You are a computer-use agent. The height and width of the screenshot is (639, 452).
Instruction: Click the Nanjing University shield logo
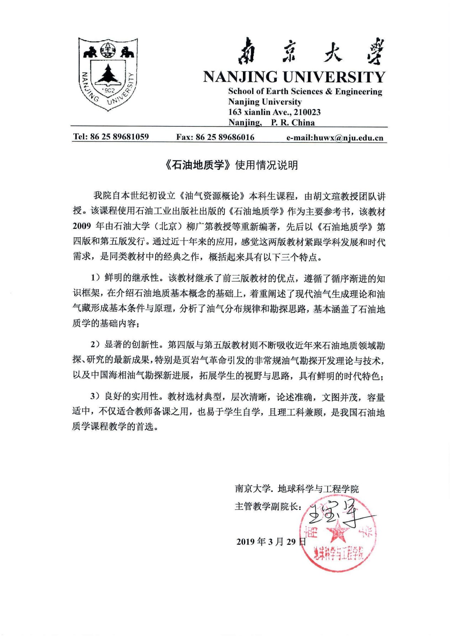pos(108,74)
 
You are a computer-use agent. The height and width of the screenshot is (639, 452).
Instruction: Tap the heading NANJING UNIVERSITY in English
pos(294,77)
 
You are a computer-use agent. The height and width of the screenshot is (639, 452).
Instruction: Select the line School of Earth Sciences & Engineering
pos(305,92)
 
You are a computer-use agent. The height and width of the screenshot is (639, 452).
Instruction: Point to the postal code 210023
pos(307,112)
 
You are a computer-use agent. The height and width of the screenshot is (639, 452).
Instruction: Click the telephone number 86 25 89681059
pos(119,137)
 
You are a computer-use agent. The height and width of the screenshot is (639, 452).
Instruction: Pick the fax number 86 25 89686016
pos(225,137)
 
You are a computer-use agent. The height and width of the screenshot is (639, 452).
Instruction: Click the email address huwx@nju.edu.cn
pos(348,138)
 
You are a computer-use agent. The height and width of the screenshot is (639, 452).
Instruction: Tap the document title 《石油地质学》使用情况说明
pos(231,165)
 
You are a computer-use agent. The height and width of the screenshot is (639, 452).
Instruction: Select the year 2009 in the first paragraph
pos(82,227)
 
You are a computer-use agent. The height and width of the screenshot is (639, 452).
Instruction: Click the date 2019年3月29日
pos(271,542)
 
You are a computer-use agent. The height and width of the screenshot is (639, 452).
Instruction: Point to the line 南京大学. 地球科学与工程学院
pos(297,489)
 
